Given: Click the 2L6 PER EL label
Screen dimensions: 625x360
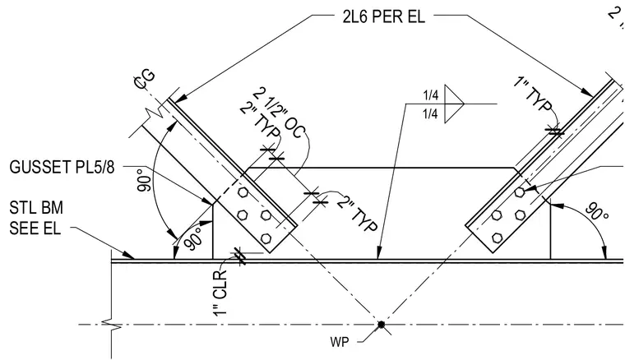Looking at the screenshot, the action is coord(383,16).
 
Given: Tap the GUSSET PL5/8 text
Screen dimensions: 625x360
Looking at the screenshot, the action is coord(62,167).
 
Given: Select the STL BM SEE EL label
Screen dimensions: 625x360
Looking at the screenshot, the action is coord(36,219).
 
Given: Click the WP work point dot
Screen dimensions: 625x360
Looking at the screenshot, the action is coord(381,325).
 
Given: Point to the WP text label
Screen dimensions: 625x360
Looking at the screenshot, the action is coord(339,342).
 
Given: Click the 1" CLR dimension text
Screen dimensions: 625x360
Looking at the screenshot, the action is coord(220,293).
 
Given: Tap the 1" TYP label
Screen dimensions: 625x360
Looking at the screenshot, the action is coord(533,95).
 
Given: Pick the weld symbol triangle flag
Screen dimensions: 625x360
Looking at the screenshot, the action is coord(455,104).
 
